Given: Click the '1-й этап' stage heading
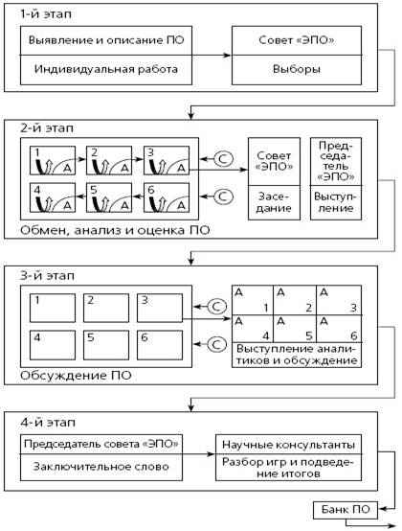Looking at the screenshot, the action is [46, 14].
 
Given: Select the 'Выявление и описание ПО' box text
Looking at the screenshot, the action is [106, 40].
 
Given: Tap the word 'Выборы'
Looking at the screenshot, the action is [297, 69].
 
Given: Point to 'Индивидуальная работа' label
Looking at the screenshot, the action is [106, 69].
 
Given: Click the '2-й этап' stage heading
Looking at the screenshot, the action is [47, 128].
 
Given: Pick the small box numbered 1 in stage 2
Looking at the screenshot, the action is [53, 160].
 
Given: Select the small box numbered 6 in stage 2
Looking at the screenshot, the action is [167, 197].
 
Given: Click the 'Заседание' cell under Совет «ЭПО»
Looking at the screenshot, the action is [274, 202].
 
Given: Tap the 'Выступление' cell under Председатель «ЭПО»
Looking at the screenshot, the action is [336, 202].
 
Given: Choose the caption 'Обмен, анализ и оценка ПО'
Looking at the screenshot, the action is [115, 230].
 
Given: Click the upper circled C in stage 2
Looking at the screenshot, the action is [223, 159].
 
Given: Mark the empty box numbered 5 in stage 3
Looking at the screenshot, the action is [106, 345].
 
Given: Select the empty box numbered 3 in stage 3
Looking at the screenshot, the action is [160, 308].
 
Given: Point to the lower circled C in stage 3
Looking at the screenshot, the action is [216, 344].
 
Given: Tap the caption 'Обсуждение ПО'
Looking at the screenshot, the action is [76, 376].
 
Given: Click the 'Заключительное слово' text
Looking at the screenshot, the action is [101, 467].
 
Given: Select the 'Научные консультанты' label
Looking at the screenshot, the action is [288, 445].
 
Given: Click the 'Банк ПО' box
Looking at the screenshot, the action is [346, 510].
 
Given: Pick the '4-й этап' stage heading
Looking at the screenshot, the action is [48, 423].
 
